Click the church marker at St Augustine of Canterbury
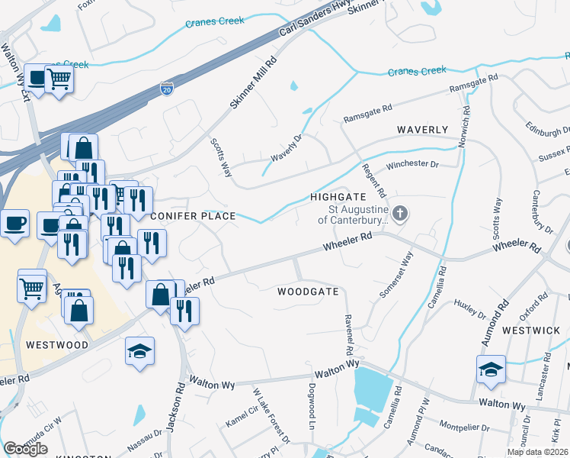click(402, 214)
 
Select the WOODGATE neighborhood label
click(307, 292)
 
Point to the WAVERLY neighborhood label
click(422, 130)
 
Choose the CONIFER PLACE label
click(193, 216)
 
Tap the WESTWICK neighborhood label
click(531, 331)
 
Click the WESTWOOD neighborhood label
click(57, 344)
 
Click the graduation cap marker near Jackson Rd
click(139, 351)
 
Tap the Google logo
click(25, 449)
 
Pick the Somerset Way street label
click(395, 275)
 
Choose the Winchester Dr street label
click(414, 164)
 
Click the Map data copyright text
click(538, 453)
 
